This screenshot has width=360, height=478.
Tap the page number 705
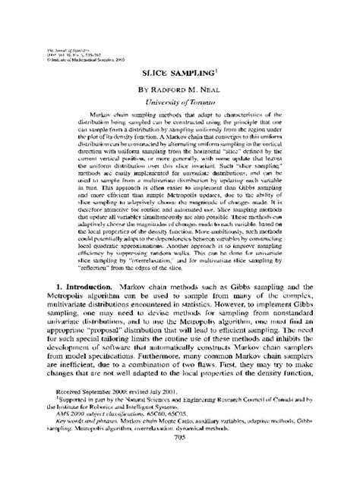(181, 458)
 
